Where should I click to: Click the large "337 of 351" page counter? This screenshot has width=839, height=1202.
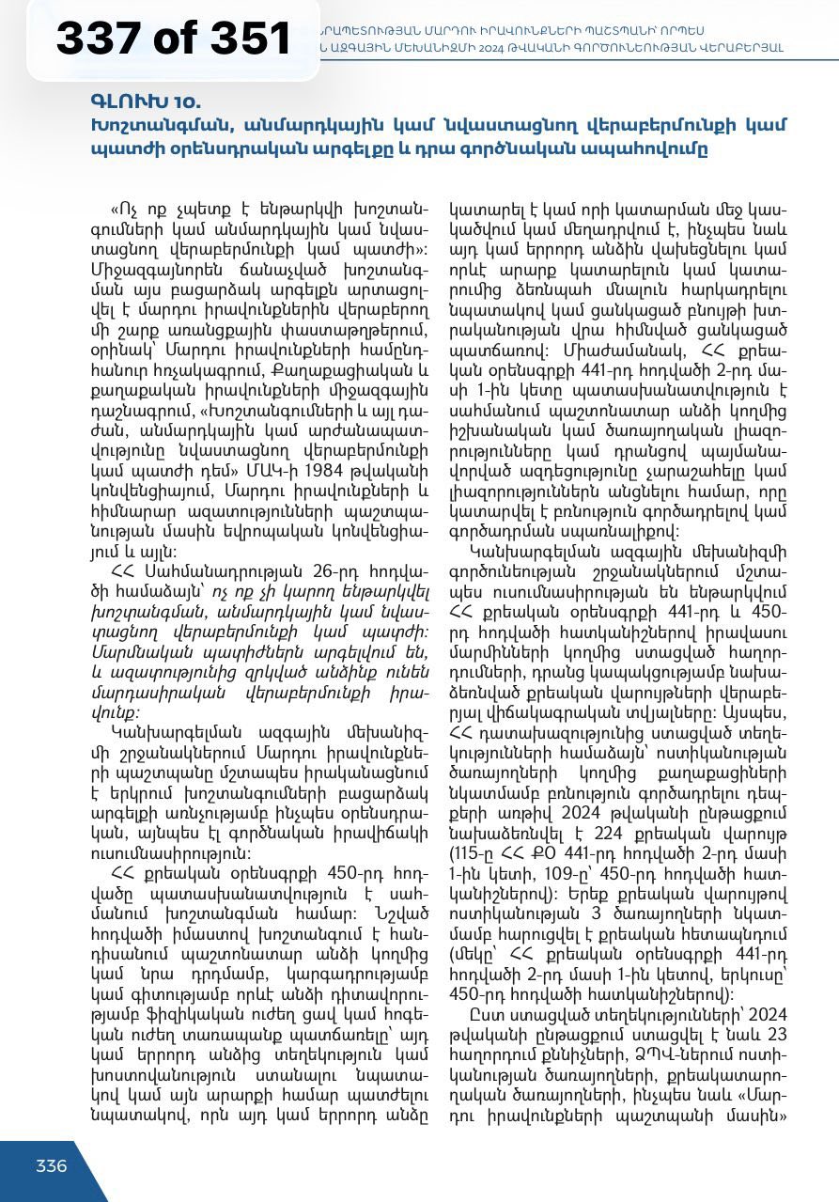(174, 39)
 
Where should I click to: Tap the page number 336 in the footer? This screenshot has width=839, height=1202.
(52, 1166)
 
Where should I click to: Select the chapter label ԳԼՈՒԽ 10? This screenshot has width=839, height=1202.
(146, 101)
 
